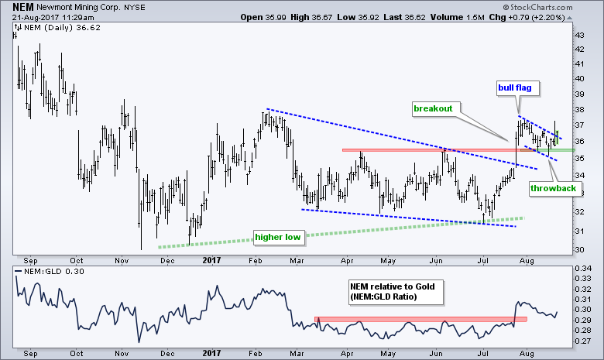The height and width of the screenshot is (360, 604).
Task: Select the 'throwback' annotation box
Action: (551, 187)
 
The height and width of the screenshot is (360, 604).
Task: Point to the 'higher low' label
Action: (277, 235)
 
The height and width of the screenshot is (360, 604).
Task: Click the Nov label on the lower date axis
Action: (122, 354)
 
